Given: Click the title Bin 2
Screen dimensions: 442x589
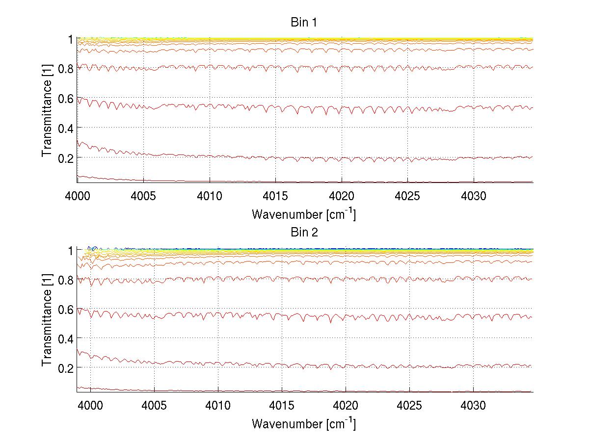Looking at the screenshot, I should pyautogui.click(x=304, y=232).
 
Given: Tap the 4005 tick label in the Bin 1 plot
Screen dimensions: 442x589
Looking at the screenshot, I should pyautogui.click(x=143, y=197).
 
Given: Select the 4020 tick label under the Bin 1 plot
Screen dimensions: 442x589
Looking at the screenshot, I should pyautogui.click(x=342, y=197).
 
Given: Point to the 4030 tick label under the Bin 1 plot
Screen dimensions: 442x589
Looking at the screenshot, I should pyautogui.click(x=474, y=197).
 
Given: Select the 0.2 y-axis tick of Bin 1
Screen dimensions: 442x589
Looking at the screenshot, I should pyautogui.click(x=65, y=157).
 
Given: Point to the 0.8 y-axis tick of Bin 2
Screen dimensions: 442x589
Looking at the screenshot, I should pyautogui.click(x=65, y=280).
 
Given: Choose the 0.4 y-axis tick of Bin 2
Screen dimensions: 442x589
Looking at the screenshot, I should pyautogui.click(x=65, y=338).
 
